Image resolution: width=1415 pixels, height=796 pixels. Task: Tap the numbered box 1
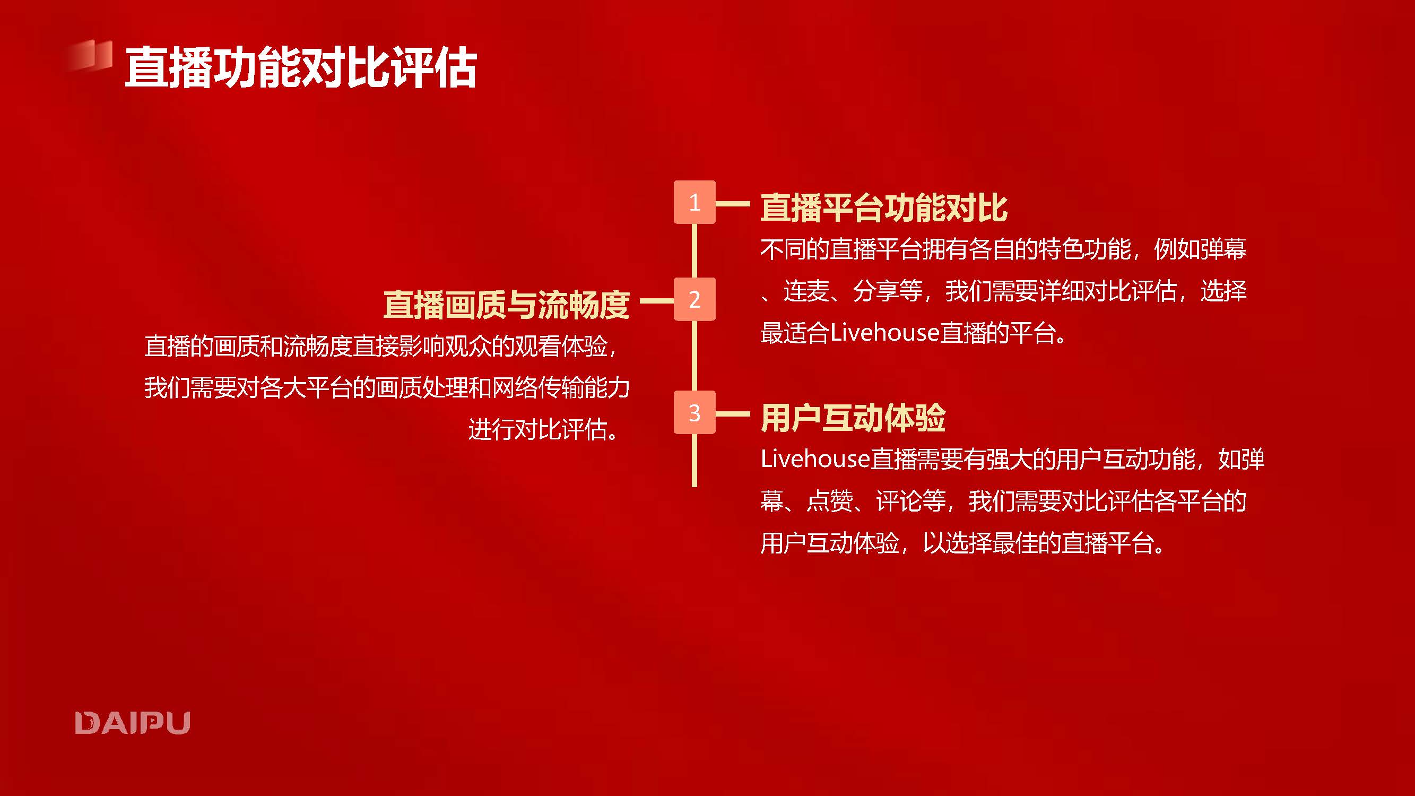pos(695,202)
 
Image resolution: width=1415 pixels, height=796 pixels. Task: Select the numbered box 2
pos(695,299)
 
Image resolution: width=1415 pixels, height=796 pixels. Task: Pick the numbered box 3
pos(695,412)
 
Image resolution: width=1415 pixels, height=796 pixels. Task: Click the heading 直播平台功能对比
pos(884,207)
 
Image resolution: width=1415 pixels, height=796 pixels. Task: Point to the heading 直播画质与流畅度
pos(507,305)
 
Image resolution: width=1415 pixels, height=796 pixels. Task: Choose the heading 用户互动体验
pos(853,418)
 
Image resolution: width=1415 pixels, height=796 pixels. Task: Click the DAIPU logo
pos(133,722)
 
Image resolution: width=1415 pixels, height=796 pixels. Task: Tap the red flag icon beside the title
pos(90,56)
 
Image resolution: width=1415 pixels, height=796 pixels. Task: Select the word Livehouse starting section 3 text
pos(815,458)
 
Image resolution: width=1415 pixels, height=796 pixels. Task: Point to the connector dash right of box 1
pos(733,203)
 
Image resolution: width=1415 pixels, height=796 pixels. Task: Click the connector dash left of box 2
pos(657,300)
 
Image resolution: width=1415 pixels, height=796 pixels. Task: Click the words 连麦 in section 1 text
pos(806,291)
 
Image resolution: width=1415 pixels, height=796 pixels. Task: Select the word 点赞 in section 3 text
pos(829,501)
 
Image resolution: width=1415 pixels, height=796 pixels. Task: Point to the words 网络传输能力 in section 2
pos(561,388)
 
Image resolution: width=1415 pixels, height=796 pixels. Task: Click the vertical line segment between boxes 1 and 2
pos(695,250)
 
